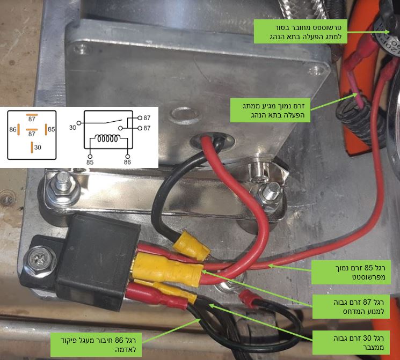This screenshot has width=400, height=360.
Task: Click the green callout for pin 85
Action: click(x=351, y=272)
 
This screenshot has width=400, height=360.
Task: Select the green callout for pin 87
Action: click(x=351, y=307)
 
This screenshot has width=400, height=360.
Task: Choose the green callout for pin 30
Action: click(x=351, y=342)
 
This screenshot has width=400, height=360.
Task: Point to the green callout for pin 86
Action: click(x=96, y=344)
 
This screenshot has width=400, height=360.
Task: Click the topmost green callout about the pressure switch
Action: click(x=301, y=31)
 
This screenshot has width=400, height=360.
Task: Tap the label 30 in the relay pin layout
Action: click(x=38, y=148)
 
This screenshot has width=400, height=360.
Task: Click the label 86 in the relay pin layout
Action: click(x=13, y=129)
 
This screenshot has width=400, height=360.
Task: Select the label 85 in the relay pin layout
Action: click(x=52, y=129)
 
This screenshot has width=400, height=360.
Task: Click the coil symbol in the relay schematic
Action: click(x=107, y=139)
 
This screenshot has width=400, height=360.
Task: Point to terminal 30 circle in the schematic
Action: click(x=79, y=123)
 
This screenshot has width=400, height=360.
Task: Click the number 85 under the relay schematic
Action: click(x=90, y=162)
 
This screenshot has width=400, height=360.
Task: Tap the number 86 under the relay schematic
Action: click(x=127, y=162)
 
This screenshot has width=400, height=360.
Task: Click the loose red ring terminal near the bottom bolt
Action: click(x=246, y=297)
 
